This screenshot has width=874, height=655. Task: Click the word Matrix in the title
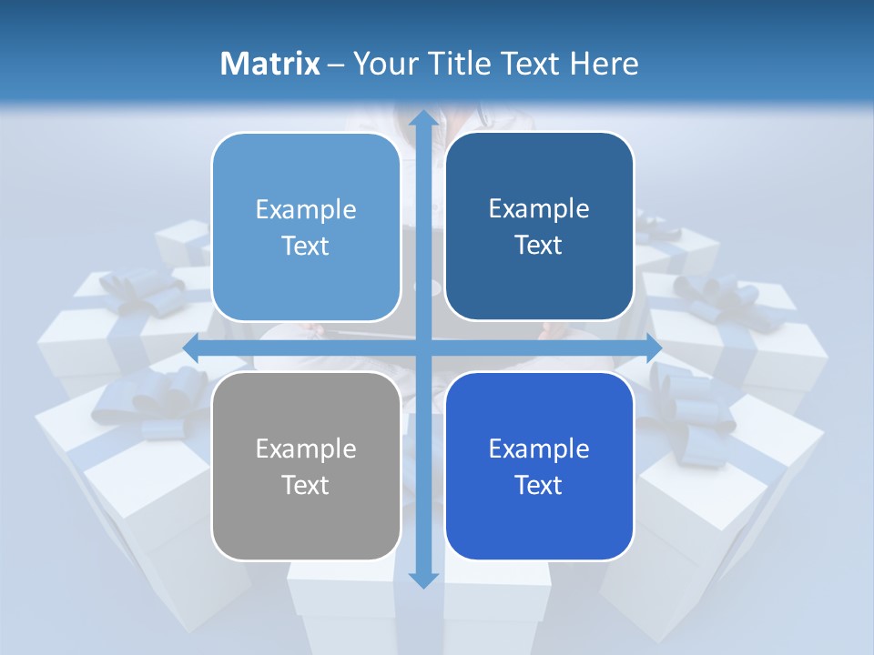tap(270, 63)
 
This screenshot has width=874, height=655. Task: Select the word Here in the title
tap(605, 63)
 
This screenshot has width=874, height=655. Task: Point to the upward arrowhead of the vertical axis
tap(422, 118)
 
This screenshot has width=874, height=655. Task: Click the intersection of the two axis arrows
tap(422, 348)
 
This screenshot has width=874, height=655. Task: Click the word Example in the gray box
tap(306, 449)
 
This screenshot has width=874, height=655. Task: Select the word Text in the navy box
tap(539, 246)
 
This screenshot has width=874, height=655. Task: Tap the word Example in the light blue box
tap(306, 210)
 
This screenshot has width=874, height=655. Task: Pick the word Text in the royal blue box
tap(539, 485)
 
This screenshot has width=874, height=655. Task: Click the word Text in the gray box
tap(306, 485)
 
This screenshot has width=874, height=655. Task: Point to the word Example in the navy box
tap(539, 209)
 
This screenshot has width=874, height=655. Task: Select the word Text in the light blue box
tap(306, 247)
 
